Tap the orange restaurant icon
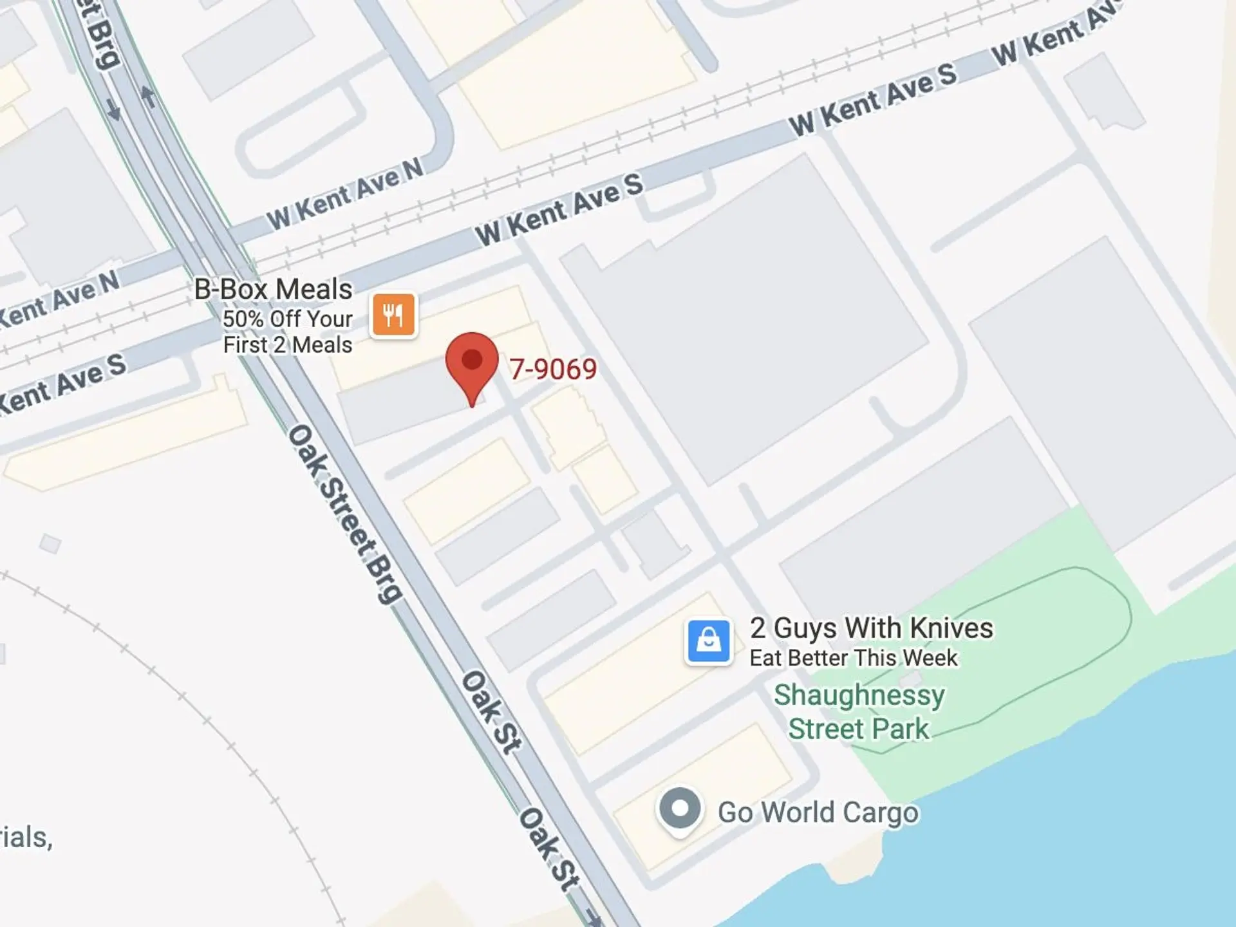[393, 315]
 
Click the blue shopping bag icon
[708, 641]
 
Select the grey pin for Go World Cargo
[679, 809]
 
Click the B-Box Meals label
[273, 289]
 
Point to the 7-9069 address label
[553, 369]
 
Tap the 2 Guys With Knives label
[871, 628]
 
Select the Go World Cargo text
[818, 812]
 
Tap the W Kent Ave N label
[346, 193]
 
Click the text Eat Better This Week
[854, 658]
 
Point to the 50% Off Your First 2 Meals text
[287, 332]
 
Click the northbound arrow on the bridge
[148, 97]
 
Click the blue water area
[1062, 837]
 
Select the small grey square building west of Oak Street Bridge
[50, 544]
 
